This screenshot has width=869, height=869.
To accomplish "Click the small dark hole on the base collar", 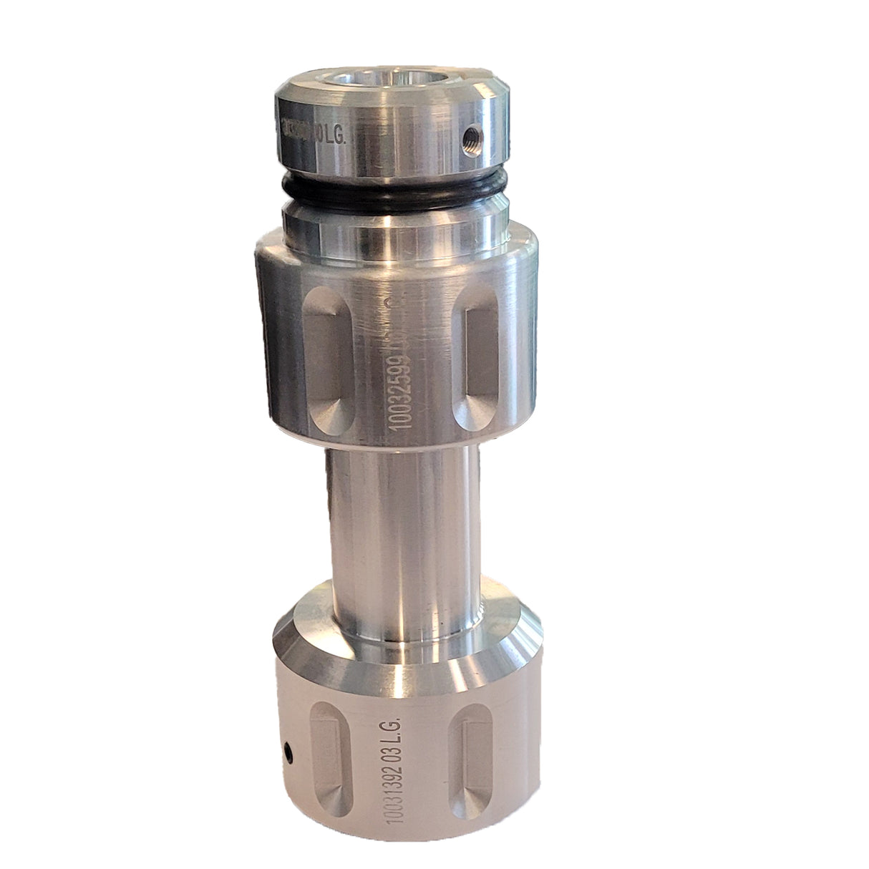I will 288,751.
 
